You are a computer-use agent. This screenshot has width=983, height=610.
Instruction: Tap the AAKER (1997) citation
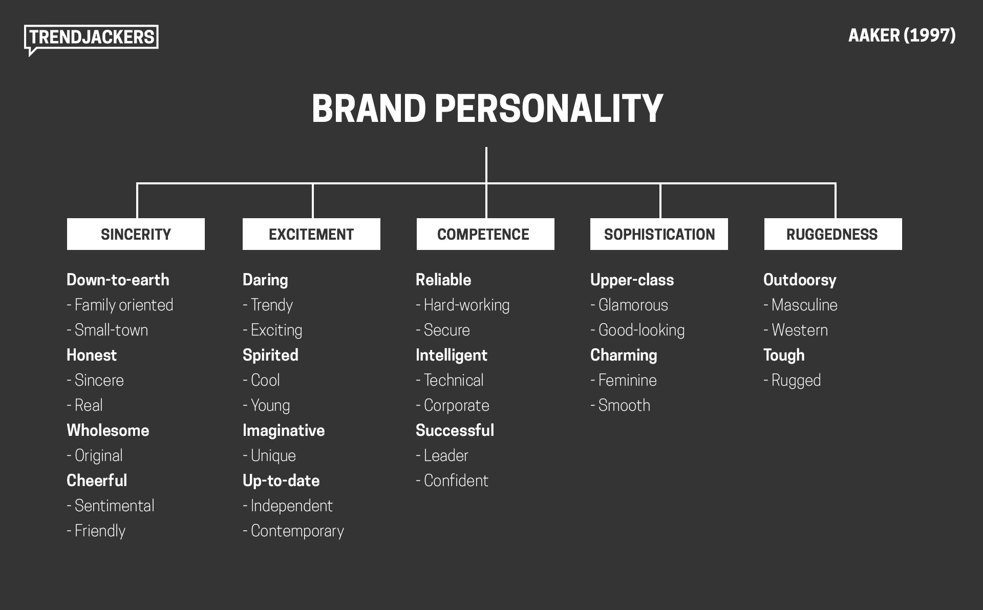[x=902, y=35]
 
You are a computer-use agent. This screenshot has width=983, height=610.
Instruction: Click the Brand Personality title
[x=487, y=108]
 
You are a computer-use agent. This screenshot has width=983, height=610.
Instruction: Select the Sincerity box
[x=136, y=234]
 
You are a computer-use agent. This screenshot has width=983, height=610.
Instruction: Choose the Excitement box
[x=311, y=234]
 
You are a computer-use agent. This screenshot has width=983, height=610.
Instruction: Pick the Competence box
[x=485, y=234]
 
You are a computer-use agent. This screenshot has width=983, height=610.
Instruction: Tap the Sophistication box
[x=659, y=234]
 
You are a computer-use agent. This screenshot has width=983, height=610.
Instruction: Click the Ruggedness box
[x=832, y=234]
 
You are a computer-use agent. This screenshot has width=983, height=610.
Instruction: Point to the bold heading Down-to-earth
[x=118, y=280]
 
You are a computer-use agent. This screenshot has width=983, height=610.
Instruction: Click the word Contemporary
[x=297, y=531]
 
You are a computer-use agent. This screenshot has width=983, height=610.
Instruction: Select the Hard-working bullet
[x=466, y=305]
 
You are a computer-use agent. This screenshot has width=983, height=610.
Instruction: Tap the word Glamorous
[x=633, y=305]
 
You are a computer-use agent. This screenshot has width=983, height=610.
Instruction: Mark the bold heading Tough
[x=784, y=355]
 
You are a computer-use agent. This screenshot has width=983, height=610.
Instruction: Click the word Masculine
[x=804, y=305]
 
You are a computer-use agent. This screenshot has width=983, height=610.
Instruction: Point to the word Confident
[x=456, y=481]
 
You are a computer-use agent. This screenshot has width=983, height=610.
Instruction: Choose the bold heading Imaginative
[x=284, y=431]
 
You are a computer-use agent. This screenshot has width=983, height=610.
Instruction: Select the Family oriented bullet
[x=123, y=305]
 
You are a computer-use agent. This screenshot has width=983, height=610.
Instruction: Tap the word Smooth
[x=624, y=406]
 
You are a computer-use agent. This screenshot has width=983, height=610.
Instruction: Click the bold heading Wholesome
[x=108, y=431]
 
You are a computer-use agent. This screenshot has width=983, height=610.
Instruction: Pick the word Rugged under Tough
[x=796, y=381]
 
